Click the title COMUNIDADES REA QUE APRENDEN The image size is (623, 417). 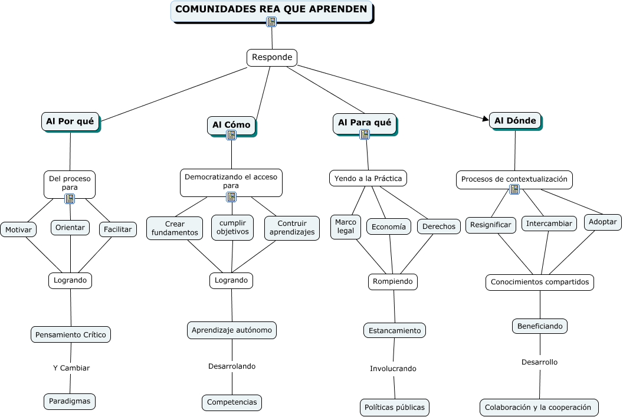pyautogui.click(x=271, y=9)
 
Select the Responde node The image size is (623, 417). pyautogui.click(x=272, y=57)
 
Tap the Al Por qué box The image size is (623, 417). pyautogui.click(x=70, y=122)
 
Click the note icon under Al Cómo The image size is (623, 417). pyautogui.click(x=231, y=135)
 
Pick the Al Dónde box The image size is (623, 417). pyautogui.click(x=515, y=121)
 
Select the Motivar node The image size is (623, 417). pyautogui.click(x=18, y=229)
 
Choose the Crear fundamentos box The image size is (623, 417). pyautogui.click(x=175, y=228)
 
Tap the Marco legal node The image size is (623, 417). pyautogui.click(x=346, y=226)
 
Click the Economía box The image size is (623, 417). pyautogui.click(x=389, y=226)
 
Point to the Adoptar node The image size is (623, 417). pyautogui.click(x=603, y=222)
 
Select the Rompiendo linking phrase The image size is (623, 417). pyautogui.click(x=393, y=282)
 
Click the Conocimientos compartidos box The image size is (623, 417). pyautogui.click(x=540, y=282)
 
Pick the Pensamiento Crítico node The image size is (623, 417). pyautogui.click(x=71, y=334)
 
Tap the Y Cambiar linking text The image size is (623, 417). pyautogui.click(x=71, y=368)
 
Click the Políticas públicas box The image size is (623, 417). pyautogui.click(x=394, y=407)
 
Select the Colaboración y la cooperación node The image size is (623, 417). pyautogui.click(x=539, y=407)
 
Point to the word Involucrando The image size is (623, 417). pyautogui.click(x=393, y=369)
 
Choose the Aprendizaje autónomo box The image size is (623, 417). pyautogui.click(x=232, y=330)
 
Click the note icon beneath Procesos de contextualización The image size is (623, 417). pyautogui.click(x=514, y=189)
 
